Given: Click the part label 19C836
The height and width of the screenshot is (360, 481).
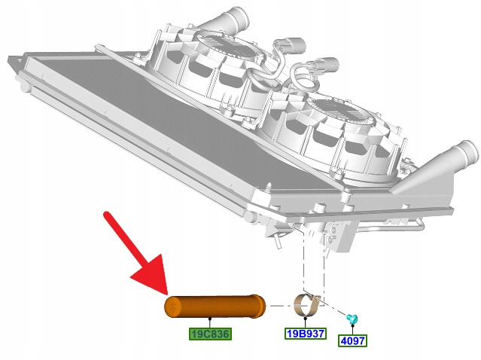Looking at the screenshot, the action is (210, 334).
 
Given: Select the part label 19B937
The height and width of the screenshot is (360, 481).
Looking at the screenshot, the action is (306, 333).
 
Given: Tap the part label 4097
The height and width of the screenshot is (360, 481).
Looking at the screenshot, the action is (352, 340).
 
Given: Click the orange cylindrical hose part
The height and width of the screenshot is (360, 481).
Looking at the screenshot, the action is (215, 306).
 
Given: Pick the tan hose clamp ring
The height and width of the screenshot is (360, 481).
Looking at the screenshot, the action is (307, 304).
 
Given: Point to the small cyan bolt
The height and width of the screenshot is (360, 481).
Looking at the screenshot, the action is (352, 319).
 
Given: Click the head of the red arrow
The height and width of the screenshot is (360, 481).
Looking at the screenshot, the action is (154, 276).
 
